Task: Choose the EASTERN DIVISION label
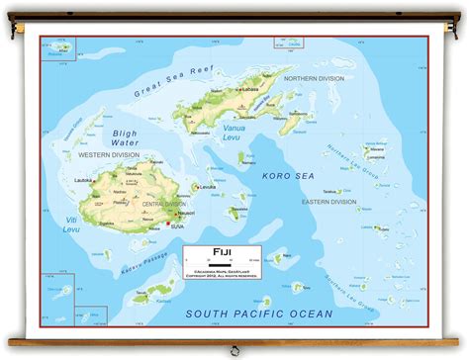coord(330,202)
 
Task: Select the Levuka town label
coord(207,187)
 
